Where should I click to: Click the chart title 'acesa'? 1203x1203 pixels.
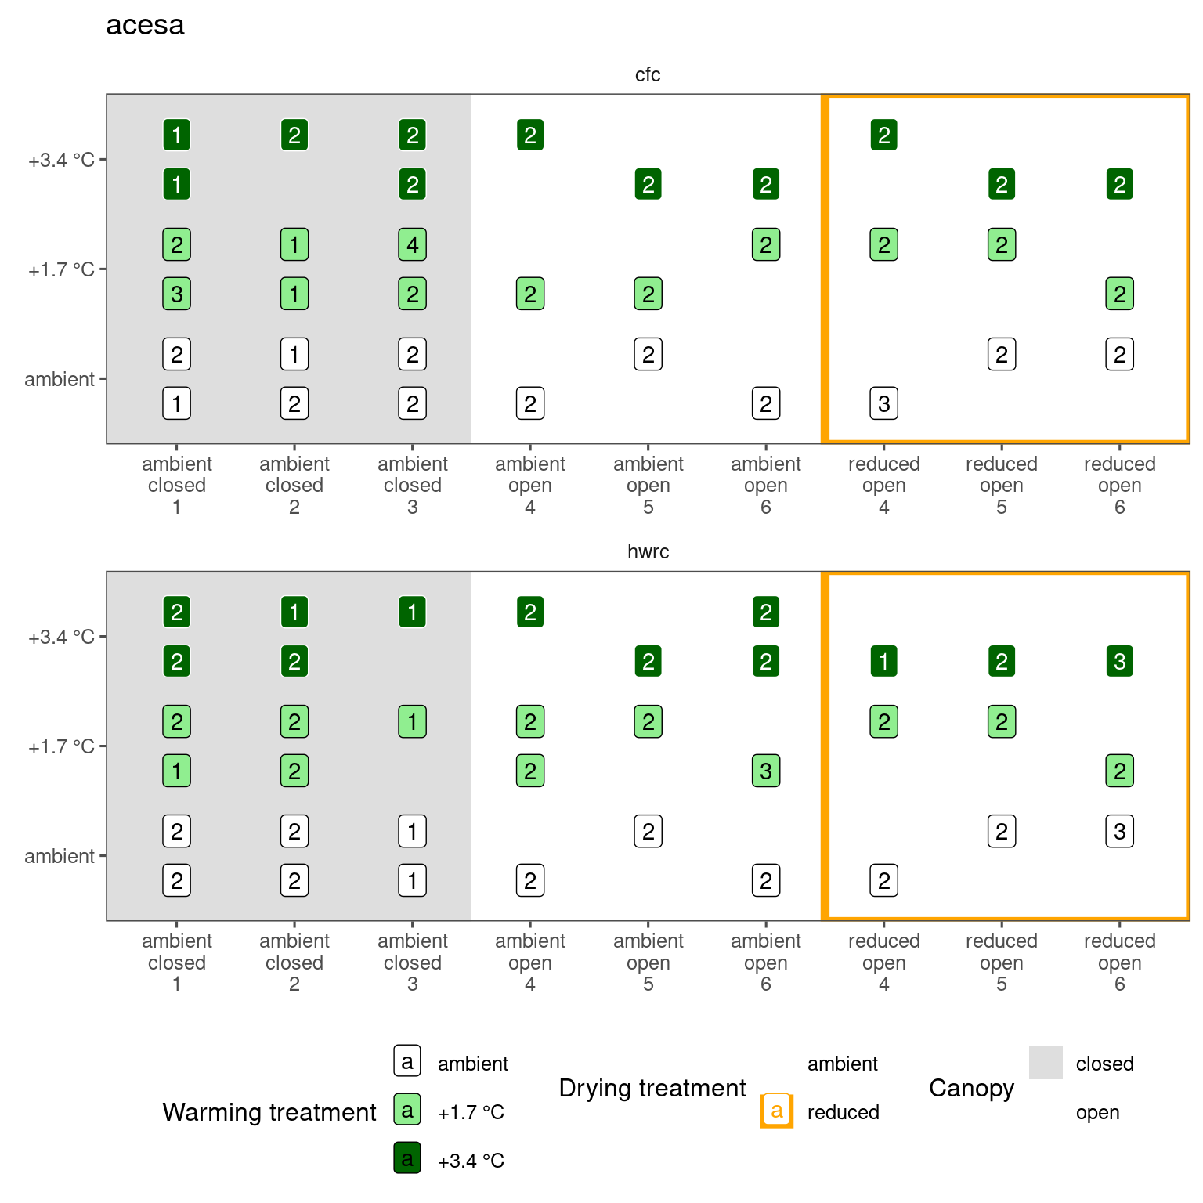[145, 25]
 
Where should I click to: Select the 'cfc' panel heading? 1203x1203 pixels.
[648, 74]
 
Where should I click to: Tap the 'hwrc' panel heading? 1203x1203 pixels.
[648, 551]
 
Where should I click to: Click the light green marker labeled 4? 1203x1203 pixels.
[413, 244]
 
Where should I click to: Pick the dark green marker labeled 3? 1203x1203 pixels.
[1119, 662]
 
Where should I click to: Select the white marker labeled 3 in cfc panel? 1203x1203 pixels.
[883, 404]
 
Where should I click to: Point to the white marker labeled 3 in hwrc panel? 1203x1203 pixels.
[1119, 831]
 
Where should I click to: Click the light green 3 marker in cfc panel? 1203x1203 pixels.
[177, 294]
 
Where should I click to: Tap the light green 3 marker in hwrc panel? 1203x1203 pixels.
[766, 771]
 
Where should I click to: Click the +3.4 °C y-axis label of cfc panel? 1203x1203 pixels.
[61, 161]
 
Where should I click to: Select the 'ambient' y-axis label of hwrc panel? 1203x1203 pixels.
[60, 856]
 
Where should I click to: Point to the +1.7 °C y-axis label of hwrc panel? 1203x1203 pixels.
[61, 746]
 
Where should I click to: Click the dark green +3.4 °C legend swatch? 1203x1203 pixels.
[407, 1158]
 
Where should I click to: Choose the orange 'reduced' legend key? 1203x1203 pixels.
[776, 1111]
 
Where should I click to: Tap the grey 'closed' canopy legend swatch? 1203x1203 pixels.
[1046, 1063]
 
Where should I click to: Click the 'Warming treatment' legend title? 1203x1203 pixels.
[269, 1112]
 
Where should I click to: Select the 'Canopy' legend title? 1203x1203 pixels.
[971, 1088]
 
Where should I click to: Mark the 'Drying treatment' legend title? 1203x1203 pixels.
[652, 1088]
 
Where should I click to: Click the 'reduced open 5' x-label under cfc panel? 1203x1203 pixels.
[1002, 485]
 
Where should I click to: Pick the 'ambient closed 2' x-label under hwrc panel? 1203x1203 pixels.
[294, 962]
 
